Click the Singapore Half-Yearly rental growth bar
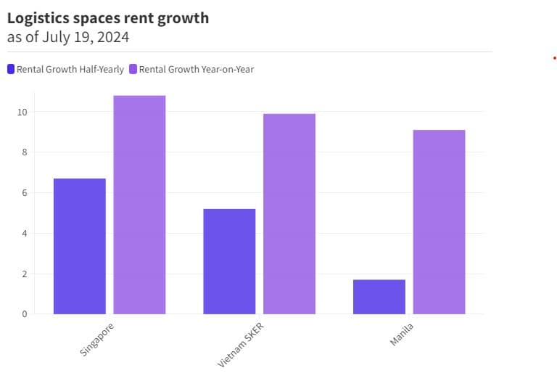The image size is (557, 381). [x=80, y=246]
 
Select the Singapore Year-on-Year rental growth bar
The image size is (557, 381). [x=139, y=205]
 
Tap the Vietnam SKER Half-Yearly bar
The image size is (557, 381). [x=229, y=261]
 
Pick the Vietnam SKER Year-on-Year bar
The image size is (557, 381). [x=289, y=213]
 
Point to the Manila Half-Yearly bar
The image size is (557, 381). [x=379, y=297]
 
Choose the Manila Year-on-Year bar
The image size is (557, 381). [x=439, y=221]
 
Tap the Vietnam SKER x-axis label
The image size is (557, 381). [x=242, y=344]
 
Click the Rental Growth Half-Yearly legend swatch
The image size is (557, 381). [x=11, y=70]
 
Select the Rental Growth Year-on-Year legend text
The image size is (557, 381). [x=196, y=70]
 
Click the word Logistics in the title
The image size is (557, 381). [x=36, y=18]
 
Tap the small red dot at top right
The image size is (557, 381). [x=554, y=58]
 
